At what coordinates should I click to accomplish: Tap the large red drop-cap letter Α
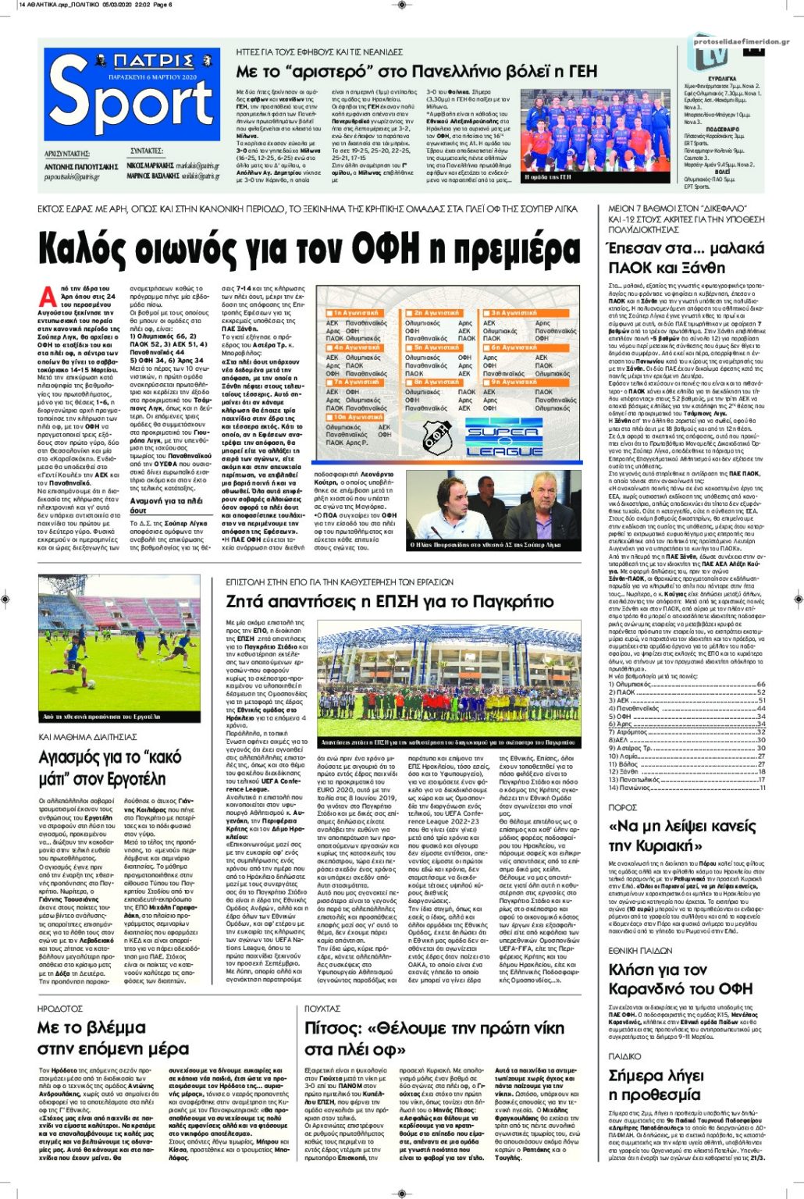coord(48,296)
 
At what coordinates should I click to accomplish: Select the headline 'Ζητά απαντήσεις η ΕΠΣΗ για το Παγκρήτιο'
coord(390,601)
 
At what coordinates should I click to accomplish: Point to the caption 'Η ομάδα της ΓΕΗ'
coord(548,177)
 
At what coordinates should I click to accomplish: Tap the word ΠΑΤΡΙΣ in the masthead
coord(141,62)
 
